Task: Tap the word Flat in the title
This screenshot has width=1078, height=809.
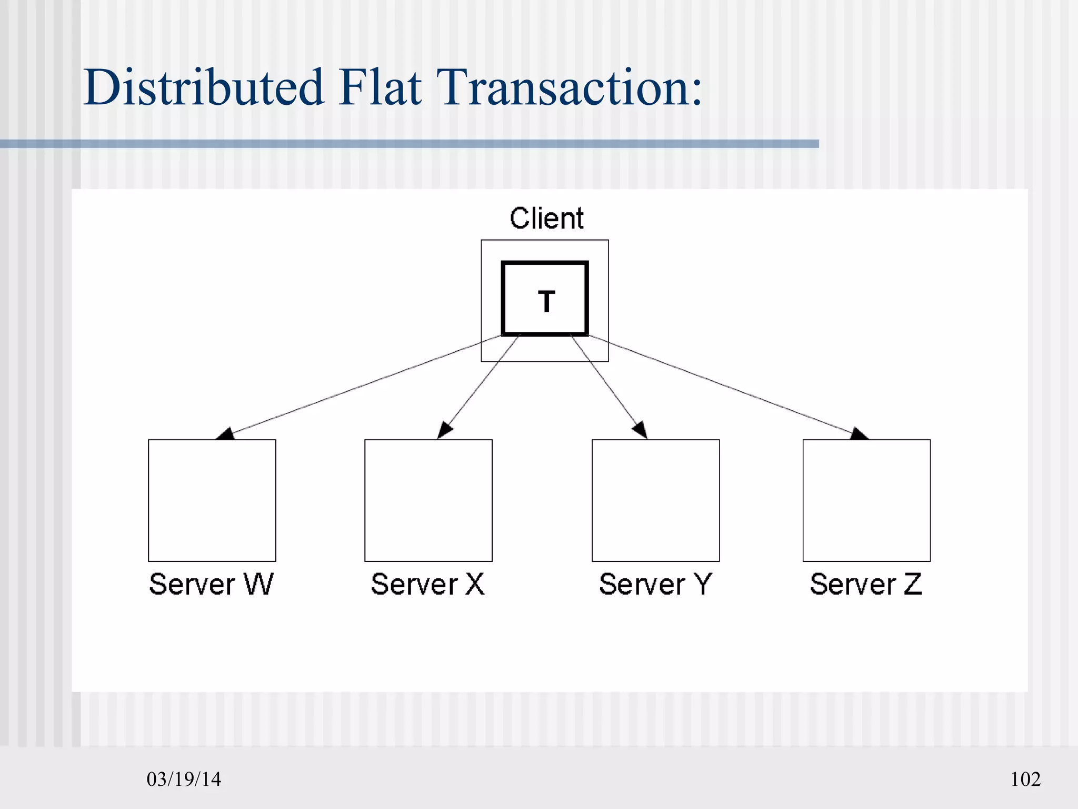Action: pos(380,87)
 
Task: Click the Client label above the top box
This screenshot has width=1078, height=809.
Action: pos(546,218)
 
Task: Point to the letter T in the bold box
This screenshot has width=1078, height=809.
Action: pos(546,301)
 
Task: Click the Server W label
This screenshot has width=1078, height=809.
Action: pos(211,584)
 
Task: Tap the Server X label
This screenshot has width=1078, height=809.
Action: pos(427,584)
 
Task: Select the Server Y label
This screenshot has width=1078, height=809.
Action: pos(655,584)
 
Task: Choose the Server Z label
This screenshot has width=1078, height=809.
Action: pos(866,584)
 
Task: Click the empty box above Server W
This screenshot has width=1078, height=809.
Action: pos(212,500)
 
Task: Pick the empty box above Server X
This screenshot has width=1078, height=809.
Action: pos(428,500)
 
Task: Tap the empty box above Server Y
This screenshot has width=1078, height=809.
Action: pos(656,500)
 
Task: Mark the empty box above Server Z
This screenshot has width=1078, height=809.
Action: pos(866,500)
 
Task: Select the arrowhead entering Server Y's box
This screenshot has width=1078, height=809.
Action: pos(641,430)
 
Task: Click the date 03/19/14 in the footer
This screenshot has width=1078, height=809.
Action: pos(184,779)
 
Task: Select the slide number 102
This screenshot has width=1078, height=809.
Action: pos(1025,779)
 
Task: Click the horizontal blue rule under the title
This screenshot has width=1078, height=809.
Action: pos(410,144)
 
